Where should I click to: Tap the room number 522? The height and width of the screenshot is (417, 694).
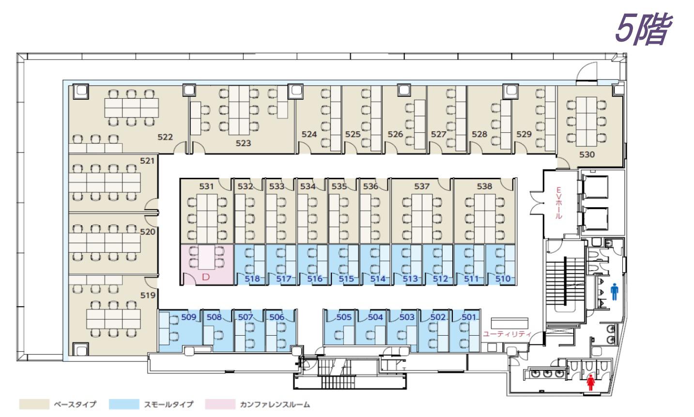pyautogui.click(x=165, y=137)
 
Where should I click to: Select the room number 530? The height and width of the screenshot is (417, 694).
pyautogui.click(x=587, y=154)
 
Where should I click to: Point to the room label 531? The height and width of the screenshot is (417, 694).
pyautogui.click(x=206, y=186)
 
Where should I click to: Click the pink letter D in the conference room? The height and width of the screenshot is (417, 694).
pyautogui.click(x=206, y=278)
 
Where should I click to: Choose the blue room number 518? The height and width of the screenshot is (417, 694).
pyautogui.click(x=252, y=279)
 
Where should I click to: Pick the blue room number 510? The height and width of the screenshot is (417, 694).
pyautogui.click(x=503, y=279)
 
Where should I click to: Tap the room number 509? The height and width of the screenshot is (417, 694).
pyautogui.click(x=189, y=317)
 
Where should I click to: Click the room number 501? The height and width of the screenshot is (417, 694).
pyautogui.click(x=469, y=317)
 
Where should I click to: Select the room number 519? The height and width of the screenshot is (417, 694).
pyautogui.click(x=148, y=295)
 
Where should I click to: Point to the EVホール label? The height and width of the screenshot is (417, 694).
pyautogui.click(x=558, y=203)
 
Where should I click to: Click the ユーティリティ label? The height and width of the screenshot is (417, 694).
pyautogui.click(x=507, y=334)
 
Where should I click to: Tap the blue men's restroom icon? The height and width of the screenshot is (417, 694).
pyautogui.click(x=615, y=293)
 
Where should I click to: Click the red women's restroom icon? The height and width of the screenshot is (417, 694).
pyautogui.click(x=591, y=383)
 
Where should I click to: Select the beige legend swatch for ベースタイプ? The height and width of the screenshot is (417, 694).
pyautogui.click(x=34, y=404)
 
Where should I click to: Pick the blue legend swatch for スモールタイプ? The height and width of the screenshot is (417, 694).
pyautogui.click(x=124, y=404)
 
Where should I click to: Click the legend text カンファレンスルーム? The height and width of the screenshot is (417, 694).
pyautogui.click(x=275, y=404)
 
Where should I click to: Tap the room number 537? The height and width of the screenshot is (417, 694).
pyautogui.click(x=422, y=186)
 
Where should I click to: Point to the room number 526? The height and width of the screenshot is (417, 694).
pyautogui.click(x=395, y=134)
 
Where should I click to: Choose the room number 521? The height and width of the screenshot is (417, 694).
pyautogui.click(x=147, y=160)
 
